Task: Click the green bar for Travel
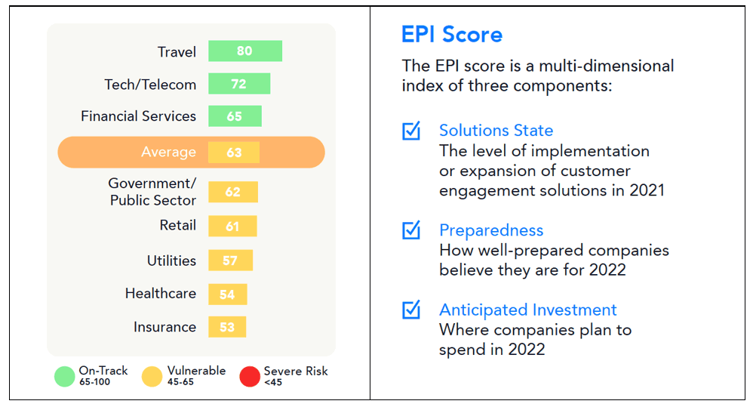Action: [x=245, y=51]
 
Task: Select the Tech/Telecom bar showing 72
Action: [x=239, y=84]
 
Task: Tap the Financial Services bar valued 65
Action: [x=235, y=116]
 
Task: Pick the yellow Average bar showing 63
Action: [x=234, y=153]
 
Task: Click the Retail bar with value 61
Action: [x=232, y=226]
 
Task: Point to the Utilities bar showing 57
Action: [x=231, y=261]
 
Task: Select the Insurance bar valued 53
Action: [x=227, y=327]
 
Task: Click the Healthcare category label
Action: [x=161, y=293]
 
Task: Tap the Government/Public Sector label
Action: [x=152, y=192]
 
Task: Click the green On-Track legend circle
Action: [x=64, y=376]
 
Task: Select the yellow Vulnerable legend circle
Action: [x=152, y=376]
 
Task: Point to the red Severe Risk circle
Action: [x=250, y=376]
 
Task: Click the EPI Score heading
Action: [x=452, y=35]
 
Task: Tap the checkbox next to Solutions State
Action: [x=411, y=131]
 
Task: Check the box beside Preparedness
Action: [x=411, y=230]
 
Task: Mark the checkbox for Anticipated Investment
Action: [x=411, y=310]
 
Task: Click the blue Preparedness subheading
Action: [x=491, y=230]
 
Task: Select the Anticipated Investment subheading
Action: [x=527, y=310]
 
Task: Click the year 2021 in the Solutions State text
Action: [x=647, y=191]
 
